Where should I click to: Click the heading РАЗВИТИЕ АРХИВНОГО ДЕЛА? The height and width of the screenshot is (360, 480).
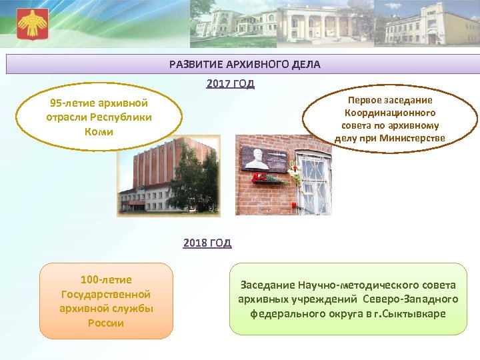tap(245, 65)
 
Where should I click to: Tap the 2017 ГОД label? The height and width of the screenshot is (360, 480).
tap(230, 84)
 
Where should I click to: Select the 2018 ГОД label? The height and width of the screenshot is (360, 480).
tap(207, 243)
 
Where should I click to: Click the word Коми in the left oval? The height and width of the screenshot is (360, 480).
tap(99, 131)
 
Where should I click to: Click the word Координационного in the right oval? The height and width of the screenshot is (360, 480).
tap(390, 113)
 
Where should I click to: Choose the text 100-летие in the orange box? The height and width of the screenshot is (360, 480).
tap(106, 280)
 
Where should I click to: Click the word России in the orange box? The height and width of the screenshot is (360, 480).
tap(106, 323)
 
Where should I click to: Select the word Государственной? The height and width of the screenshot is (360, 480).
tap(106, 294)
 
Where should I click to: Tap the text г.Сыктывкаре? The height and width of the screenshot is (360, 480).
tap(409, 313)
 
